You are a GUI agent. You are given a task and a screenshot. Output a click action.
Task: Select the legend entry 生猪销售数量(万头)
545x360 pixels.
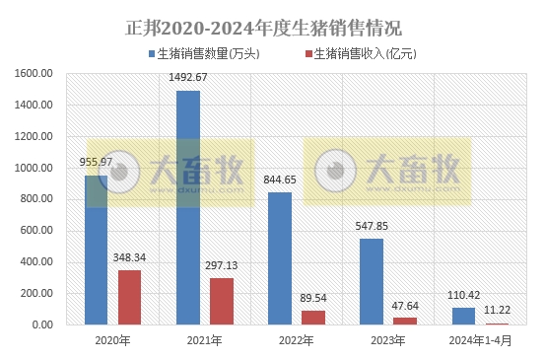click(x=211, y=53)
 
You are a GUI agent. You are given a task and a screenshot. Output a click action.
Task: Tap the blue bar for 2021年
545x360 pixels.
click(x=188, y=207)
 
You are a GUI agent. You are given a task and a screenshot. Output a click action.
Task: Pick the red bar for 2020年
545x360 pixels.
click(x=130, y=297)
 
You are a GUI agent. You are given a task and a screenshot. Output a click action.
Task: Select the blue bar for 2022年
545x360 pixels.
click(x=280, y=257)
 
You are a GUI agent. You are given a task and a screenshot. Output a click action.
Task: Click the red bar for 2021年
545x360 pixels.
click(x=222, y=301)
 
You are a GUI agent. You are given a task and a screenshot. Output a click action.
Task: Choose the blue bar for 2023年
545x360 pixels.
click(x=372, y=281)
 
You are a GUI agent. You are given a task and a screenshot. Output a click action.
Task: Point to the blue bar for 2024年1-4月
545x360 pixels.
click(x=463, y=316)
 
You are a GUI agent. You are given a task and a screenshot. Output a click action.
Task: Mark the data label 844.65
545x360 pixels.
click(x=280, y=180)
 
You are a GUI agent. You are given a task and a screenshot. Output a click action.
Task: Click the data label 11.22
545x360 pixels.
click(x=498, y=310)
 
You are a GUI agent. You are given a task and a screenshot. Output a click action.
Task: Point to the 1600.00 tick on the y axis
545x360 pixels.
click(x=34, y=73)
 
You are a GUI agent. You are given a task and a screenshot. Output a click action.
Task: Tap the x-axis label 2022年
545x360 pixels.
click(x=297, y=340)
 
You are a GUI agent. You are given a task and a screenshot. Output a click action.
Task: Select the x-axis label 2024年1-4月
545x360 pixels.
click(x=480, y=340)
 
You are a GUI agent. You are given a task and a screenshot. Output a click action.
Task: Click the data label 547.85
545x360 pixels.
click(x=372, y=226)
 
